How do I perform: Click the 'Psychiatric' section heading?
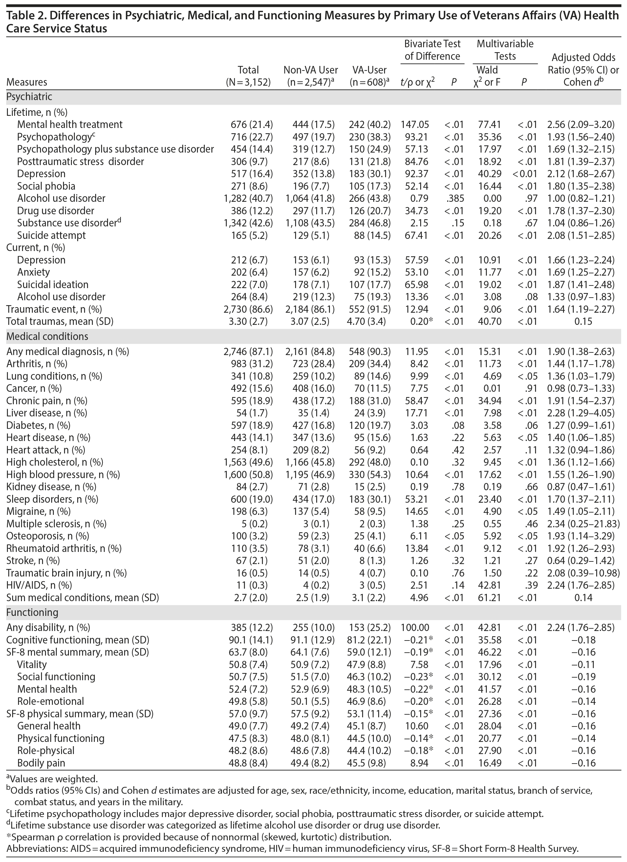click(29, 97)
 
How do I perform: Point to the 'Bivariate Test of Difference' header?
click(432, 50)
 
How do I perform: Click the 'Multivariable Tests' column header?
click(505, 50)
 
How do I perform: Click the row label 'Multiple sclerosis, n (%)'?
click(56, 524)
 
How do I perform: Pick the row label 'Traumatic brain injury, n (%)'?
click(67, 573)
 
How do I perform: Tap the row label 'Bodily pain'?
click(41, 763)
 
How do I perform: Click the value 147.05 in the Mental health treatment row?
click(415, 125)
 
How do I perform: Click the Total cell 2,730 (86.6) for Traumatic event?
click(248, 309)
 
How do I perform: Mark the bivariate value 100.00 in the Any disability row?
click(415, 627)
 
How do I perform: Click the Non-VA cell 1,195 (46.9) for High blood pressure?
click(310, 475)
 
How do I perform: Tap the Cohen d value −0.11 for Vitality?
click(583, 664)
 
